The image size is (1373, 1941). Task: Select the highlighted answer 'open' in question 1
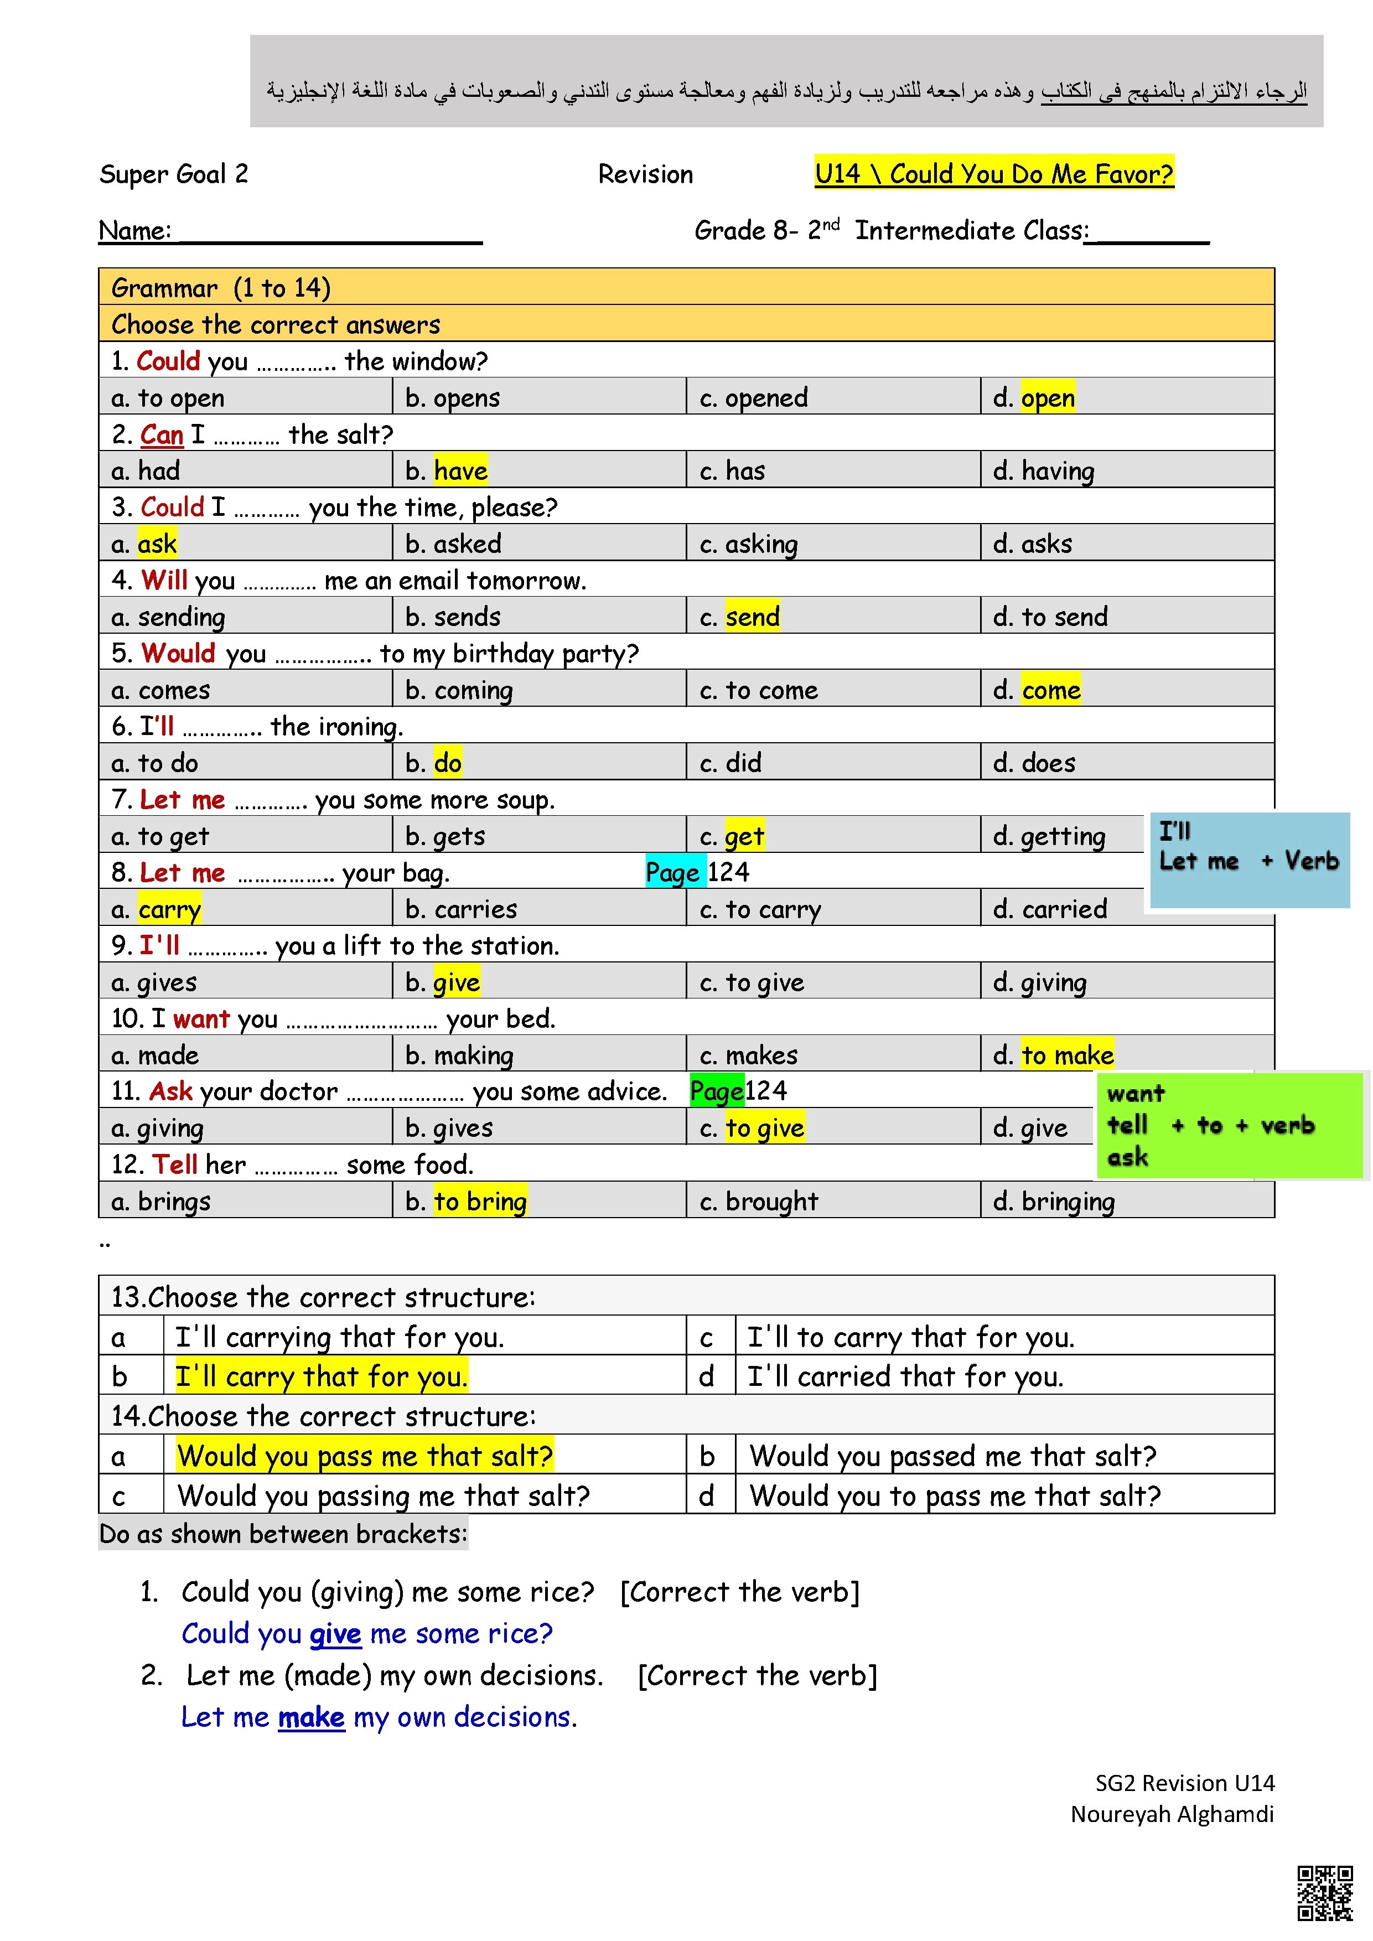[x=1048, y=397]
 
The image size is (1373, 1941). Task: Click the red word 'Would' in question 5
[x=178, y=654]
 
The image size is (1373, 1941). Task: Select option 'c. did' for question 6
[x=730, y=763]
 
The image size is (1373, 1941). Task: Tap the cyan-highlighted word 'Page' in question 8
[x=673, y=872]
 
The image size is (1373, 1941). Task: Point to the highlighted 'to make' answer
[x=1067, y=1055]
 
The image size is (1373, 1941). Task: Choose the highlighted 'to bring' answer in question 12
[x=480, y=1201]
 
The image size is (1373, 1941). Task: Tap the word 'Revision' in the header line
[x=645, y=174]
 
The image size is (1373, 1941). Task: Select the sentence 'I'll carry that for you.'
[x=322, y=1376]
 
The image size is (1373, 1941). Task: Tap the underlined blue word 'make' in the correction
[x=311, y=1717]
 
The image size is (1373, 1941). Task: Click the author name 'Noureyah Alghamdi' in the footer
[x=1172, y=1813]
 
